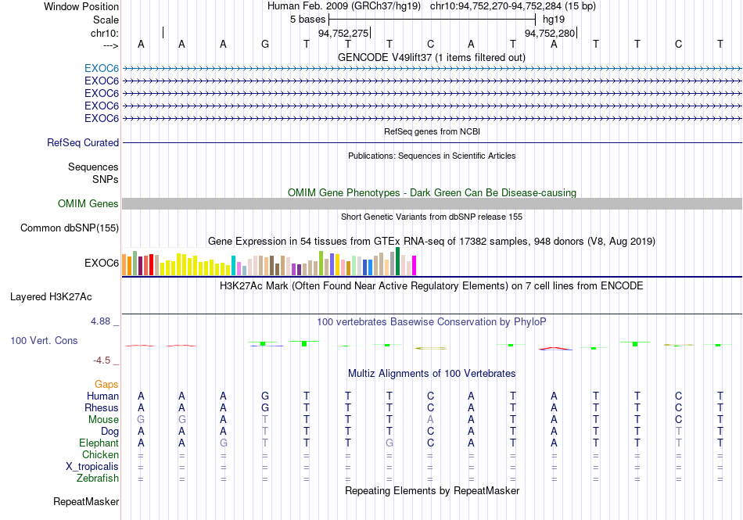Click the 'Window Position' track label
pyautogui.click(x=81, y=6)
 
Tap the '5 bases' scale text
pyautogui.click(x=308, y=20)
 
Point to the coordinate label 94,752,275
pyautogui.click(x=343, y=33)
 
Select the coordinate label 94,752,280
pyautogui.click(x=550, y=33)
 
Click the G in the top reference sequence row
pyautogui.click(x=265, y=44)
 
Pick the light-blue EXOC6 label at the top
pyautogui.click(x=102, y=69)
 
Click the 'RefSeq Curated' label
pyautogui.click(x=83, y=142)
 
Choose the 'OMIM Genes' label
pyautogui.click(x=88, y=203)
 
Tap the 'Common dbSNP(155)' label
pyautogui.click(x=70, y=228)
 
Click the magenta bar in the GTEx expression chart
pyautogui.click(x=415, y=265)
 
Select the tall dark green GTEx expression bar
pyautogui.click(x=398, y=261)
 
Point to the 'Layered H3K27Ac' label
pyautogui.click(x=51, y=297)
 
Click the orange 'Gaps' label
pyautogui.click(x=106, y=384)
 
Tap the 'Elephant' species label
pyautogui.click(x=99, y=443)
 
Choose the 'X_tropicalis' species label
pyautogui.click(x=92, y=467)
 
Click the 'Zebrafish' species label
pyautogui.click(x=98, y=479)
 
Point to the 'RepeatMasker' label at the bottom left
pyautogui.click(x=86, y=501)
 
